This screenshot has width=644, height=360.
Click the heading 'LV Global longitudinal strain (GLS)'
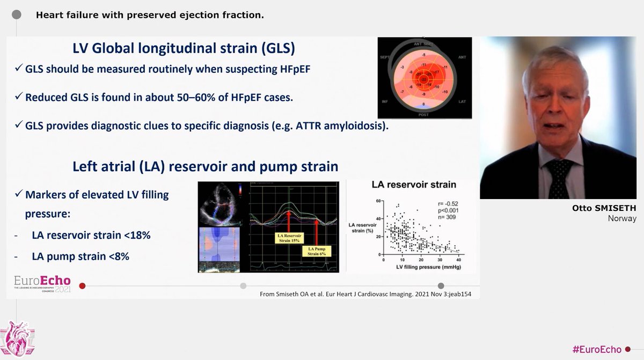click(x=184, y=49)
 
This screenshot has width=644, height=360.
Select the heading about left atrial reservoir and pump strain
click(x=205, y=166)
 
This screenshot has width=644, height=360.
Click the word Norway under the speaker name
click(x=621, y=218)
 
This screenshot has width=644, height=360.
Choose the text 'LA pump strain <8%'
click(x=80, y=256)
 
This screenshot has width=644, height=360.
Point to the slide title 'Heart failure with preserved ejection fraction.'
click(x=150, y=14)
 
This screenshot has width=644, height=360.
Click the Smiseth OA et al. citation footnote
click(x=363, y=294)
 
